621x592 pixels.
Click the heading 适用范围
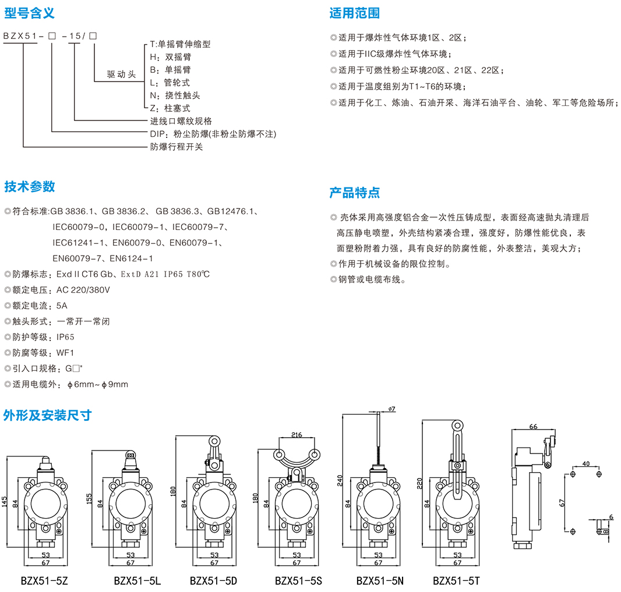pyautogui.click(x=354, y=13)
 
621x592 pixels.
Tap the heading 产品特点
pyautogui.click(x=354, y=192)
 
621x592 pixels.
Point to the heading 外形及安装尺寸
pyautogui.click(x=47, y=415)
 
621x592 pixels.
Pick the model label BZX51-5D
pyautogui.click(x=214, y=580)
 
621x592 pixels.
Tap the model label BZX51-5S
pyautogui.click(x=298, y=580)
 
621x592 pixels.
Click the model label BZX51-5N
pyautogui.click(x=380, y=580)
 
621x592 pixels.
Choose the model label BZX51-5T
pyautogui.click(x=456, y=580)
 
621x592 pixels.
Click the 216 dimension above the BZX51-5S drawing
pyautogui.click(x=297, y=435)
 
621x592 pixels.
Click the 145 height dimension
pyautogui.click(x=5, y=504)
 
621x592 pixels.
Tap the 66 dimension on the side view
pyautogui.click(x=533, y=427)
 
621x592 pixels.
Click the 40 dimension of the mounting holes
pyautogui.click(x=585, y=464)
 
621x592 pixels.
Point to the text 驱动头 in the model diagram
pyautogui.click(x=121, y=75)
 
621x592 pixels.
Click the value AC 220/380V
pyautogui.click(x=83, y=289)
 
